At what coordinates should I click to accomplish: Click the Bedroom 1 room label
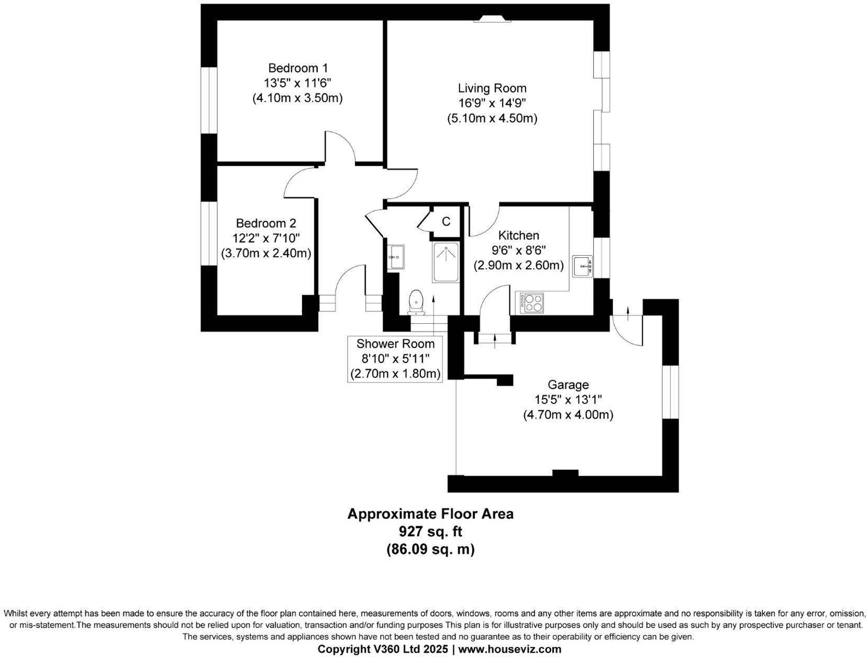coord(297,68)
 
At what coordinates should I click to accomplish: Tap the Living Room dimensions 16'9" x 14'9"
coord(492,103)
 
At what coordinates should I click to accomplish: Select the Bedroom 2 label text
coord(266,223)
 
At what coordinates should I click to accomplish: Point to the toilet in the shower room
coord(417,302)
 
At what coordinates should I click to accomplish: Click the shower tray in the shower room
coord(446,263)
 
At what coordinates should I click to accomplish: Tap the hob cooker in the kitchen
coord(532,302)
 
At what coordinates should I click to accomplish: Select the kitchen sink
coord(582,266)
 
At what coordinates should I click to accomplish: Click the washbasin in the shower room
coord(396,257)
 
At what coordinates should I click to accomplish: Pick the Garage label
coord(568,385)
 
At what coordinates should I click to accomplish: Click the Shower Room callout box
coord(395,359)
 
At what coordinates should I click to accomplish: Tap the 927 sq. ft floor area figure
coord(430,531)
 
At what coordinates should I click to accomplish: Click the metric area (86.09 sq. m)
coord(430,549)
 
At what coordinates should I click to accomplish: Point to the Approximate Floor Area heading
coord(430,514)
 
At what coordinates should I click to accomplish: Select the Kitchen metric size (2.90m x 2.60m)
coord(518,266)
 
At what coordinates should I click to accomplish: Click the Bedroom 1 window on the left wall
coord(209,100)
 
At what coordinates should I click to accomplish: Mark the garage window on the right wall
coord(671,392)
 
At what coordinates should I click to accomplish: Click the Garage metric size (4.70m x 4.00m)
coord(568,415)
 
